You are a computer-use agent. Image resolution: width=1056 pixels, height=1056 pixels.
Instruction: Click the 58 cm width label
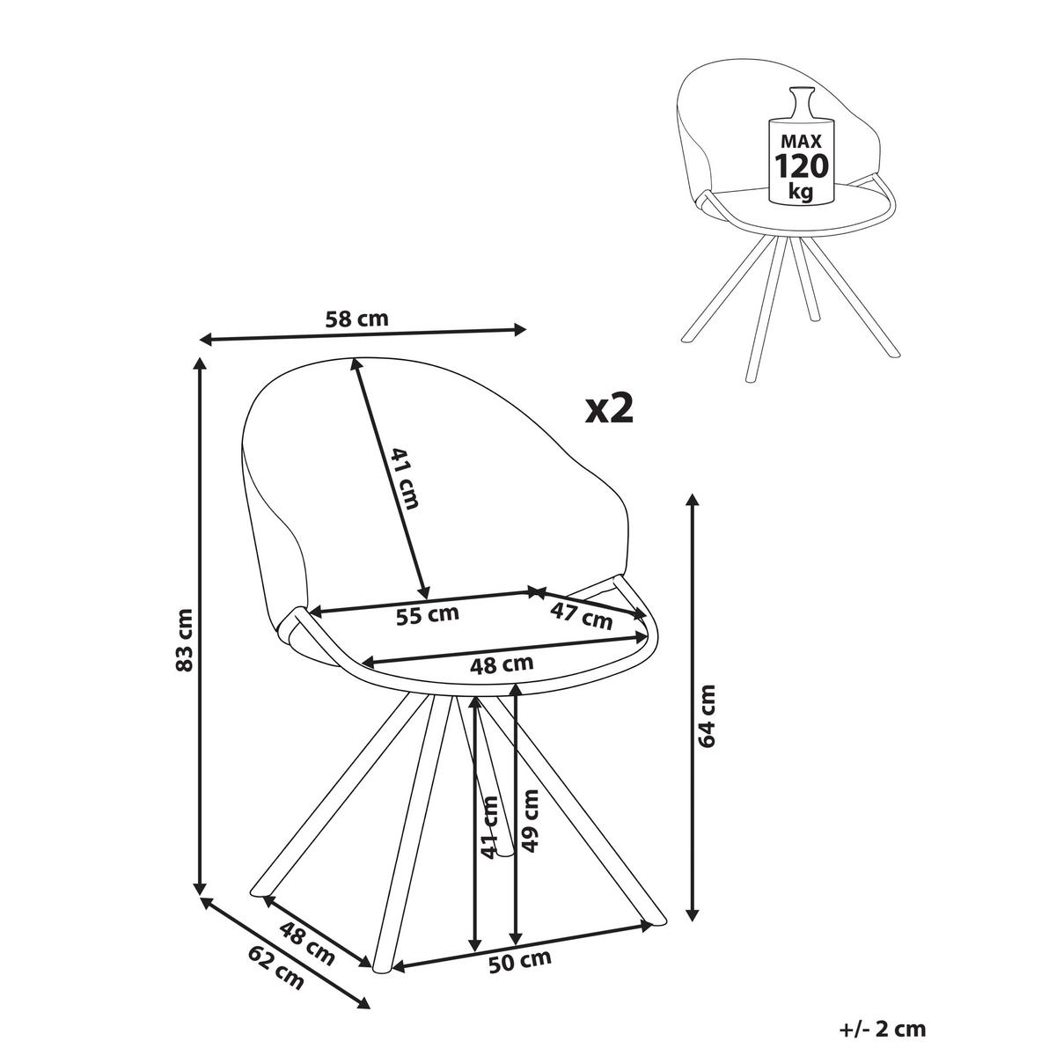(356, 319)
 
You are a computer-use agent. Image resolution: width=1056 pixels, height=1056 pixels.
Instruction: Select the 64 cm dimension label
(708, 715)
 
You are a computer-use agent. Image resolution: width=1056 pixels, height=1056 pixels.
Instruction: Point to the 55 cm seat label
(427, 614)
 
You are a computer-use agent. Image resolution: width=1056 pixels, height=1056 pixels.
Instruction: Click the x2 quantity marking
(609, 410)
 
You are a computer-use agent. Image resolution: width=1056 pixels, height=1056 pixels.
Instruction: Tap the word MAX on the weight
(801, 142)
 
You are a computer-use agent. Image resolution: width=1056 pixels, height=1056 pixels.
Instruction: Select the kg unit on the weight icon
(801, 193)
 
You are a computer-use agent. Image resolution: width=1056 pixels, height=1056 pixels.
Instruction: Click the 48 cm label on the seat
(502, 664)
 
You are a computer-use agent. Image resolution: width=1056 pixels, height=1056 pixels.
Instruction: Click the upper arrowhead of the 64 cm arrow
(693, 501)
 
